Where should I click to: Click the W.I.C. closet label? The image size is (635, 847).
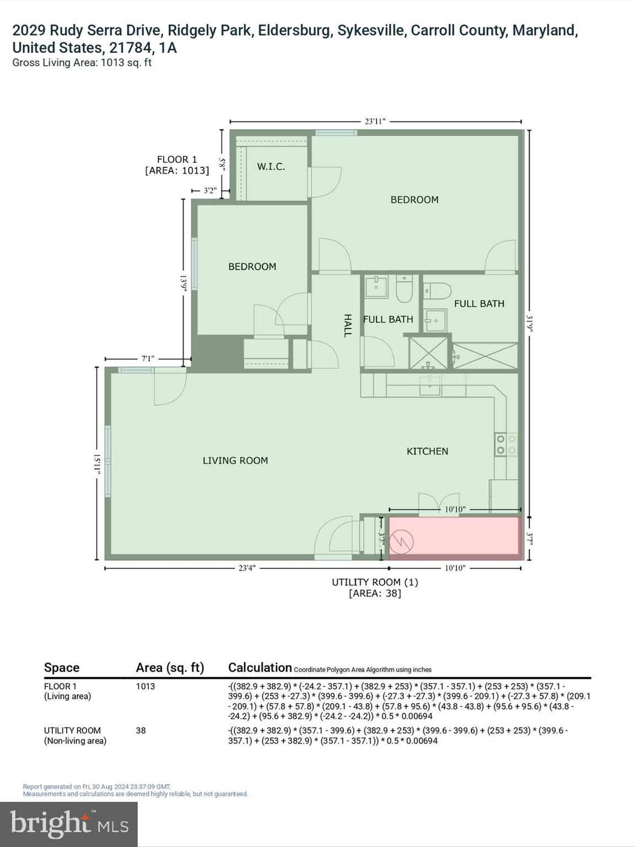271,167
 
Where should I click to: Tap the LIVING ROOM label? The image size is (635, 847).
235,460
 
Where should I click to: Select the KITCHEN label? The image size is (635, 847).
427,451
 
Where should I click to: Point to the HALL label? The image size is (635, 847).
348,325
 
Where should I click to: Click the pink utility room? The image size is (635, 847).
454,535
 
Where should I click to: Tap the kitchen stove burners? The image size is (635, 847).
505,444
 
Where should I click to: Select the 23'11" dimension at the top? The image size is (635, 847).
375,121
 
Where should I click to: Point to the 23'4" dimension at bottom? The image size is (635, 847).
246,568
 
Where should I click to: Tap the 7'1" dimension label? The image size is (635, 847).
148,358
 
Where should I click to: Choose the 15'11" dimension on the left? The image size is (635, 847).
97,463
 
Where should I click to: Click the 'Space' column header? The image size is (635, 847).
62,668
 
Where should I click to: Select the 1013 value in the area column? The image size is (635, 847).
146,687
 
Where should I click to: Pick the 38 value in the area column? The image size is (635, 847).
141,731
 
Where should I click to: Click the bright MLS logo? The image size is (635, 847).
69,824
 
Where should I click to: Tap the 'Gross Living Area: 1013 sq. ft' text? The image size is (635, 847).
82,63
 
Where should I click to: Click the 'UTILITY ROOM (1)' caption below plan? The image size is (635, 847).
375,582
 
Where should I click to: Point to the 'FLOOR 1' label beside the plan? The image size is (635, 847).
177,159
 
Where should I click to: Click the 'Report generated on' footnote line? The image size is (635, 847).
97,787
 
